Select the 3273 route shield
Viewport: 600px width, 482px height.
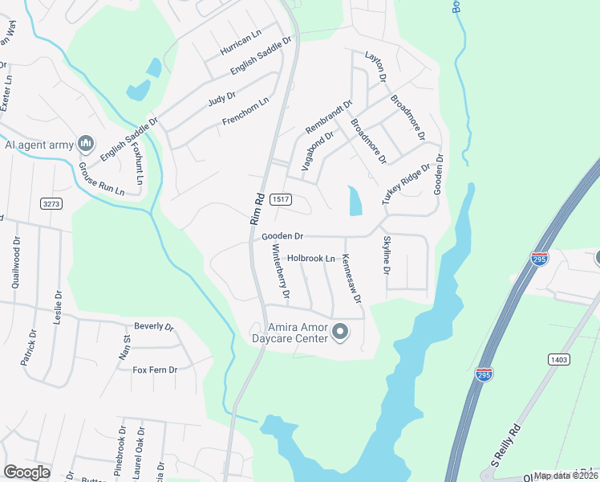pyautogui.click(x=51, y=204)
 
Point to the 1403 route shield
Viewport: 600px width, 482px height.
pyautogui.click(x=560, y=360)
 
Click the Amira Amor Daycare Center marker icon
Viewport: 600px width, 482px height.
pyautogui.click(x=339, y=332)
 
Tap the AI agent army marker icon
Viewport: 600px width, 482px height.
pyautogui.click(x=86, y=145)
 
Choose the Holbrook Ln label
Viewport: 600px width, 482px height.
pyautogui.click(x=311, y=259)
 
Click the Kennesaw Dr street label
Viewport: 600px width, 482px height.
pyautogui.click(x=352, y=280)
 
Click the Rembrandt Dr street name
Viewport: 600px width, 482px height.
pyautogui.click(x=329, y=117)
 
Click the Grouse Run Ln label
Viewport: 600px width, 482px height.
pyautogui.click(x=101, y=180)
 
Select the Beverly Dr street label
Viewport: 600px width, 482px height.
pyautogui.click(x=154, y=327)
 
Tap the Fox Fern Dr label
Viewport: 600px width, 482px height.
pyautogui.click(x=155, y=370)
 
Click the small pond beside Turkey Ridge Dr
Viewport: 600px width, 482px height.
pyautogui.click(x=355, y=201)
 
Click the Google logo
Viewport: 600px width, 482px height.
pyautogui.click(x=26, y=472)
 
